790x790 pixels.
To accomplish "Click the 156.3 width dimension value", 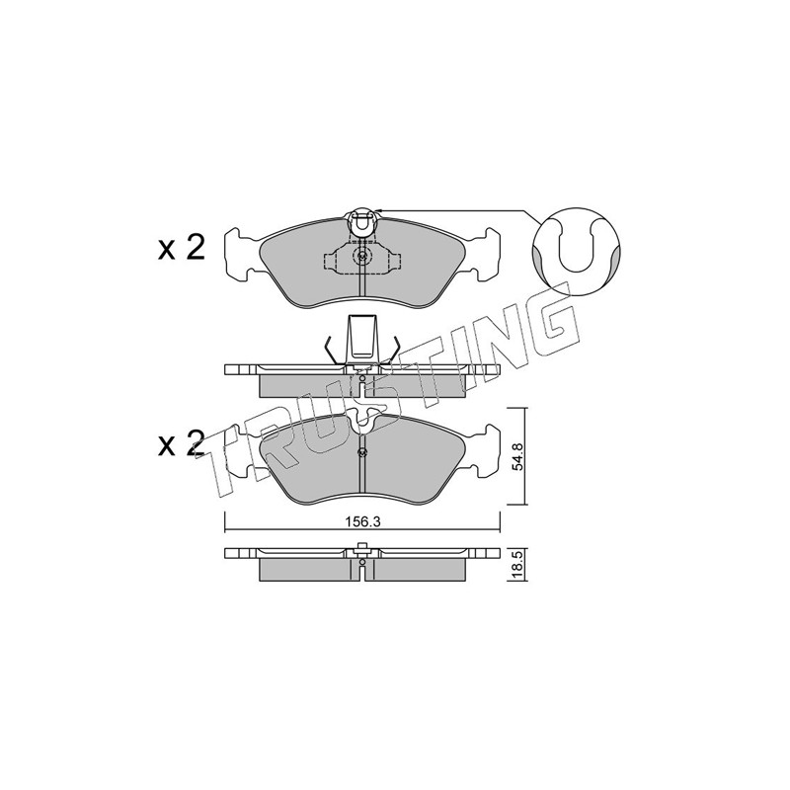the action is [362, 522].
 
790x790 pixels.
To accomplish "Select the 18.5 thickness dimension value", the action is [517, 564].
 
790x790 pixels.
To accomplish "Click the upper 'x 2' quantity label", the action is [182, 248].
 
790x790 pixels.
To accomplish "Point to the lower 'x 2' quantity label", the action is [182, 443].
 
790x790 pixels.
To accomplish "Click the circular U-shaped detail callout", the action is [577, 249].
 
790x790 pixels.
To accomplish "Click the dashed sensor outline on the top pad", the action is [362, 257].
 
